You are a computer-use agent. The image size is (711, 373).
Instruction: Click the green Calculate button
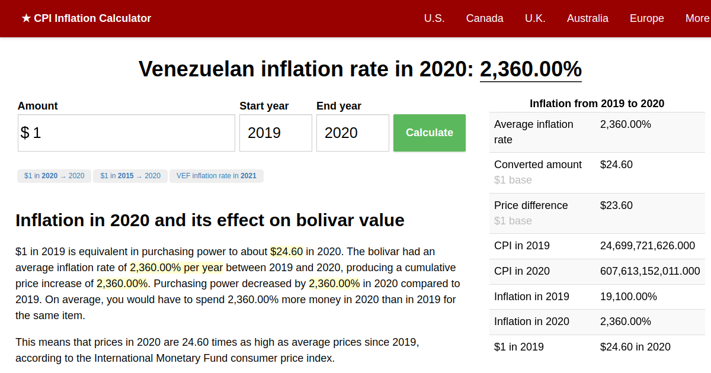coord(429,133)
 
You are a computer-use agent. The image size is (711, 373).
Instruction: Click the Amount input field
coord(126,133)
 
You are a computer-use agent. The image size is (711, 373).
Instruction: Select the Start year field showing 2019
coord(276,133)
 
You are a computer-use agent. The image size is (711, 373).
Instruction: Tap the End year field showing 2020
coord(353,133)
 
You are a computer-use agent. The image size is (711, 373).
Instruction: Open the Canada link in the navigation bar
coord(485,18)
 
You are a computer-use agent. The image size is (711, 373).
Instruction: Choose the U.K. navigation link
coord(535,18)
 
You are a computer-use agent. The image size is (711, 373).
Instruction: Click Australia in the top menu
coord(587,18)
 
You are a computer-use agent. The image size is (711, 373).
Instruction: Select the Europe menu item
coord(646,18)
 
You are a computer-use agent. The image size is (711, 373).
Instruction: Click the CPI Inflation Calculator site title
coord(87,18)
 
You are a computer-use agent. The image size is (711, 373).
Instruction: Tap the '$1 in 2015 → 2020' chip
coord(130,176)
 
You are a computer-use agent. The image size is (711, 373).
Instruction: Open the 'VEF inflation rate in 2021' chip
coord(216,176)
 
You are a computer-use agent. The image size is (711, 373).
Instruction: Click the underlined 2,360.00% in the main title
coord(530,69)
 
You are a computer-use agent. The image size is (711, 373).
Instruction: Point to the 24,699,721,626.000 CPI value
coord(647,246)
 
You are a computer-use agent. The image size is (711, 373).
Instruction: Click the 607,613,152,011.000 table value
coord(649,271)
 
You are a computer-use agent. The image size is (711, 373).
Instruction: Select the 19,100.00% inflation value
coord(628,297)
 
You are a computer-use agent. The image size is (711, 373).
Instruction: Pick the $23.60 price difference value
coord(616,205)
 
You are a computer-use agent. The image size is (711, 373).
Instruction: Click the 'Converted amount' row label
coord(538,165)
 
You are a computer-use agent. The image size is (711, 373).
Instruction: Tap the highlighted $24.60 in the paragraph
coord(286,252)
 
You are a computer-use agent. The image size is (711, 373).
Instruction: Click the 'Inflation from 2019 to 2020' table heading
coord(597,104)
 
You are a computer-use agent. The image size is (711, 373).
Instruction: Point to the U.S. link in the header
coord(434,18)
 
